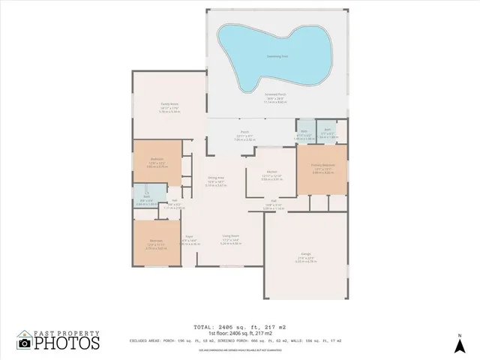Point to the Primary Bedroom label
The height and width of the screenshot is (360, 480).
322,168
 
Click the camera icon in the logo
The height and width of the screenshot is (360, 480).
25,343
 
